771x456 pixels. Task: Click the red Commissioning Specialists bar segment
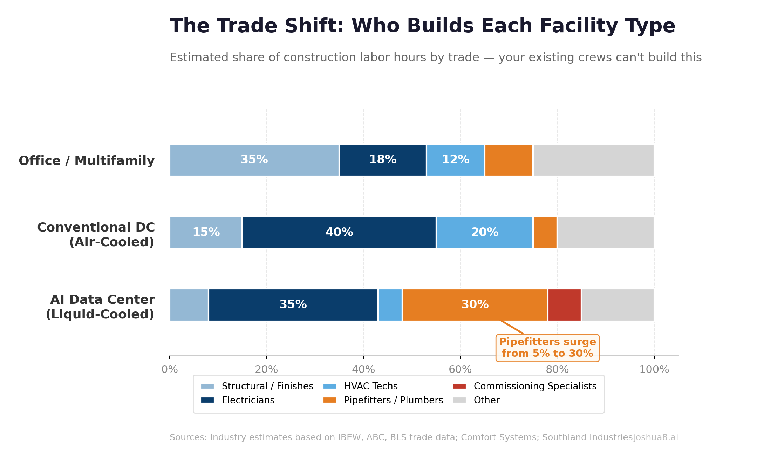(564, 305)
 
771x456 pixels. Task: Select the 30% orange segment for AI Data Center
(475, 305)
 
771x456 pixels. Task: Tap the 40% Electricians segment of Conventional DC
(339, 233)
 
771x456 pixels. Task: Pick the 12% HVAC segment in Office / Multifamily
(455, 160)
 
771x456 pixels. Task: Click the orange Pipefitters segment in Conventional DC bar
(545, 233)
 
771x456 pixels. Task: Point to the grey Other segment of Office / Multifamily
(593, 160)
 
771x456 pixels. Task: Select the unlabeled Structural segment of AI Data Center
(189, 305)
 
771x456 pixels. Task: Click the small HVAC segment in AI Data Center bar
(390, 305)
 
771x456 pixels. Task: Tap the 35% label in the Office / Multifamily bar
(254, 160)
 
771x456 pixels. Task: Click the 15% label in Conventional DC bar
(206, 233)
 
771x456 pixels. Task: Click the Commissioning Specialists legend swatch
(459, 386)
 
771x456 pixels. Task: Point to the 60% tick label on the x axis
(460, 369)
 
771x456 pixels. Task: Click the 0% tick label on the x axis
(170, 369)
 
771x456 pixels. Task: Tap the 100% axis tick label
(654, 369)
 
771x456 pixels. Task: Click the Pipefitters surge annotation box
(547, 348)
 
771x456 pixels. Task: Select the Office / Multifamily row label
(87, 161)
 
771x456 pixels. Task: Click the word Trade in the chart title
(247, 26)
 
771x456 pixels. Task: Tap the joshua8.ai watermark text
(656, 437)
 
